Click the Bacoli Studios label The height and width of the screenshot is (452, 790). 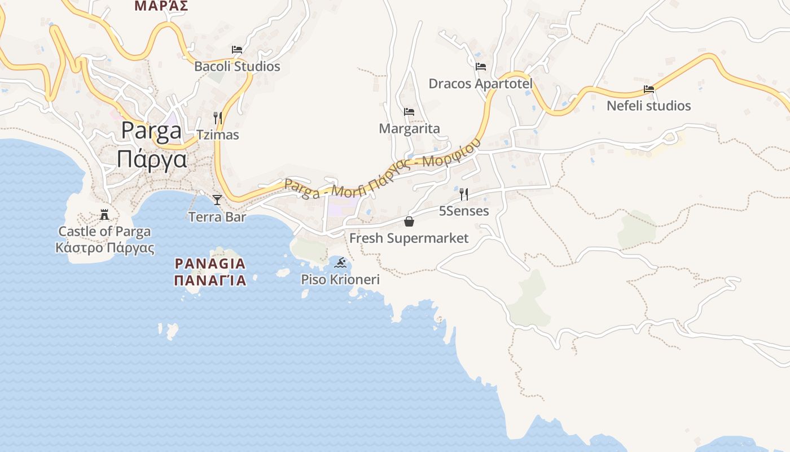coord(237,67)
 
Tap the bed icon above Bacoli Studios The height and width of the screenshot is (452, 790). coord(237,50)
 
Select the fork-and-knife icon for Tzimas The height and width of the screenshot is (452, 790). coord(218,118)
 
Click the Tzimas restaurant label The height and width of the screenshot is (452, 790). coord(218,135)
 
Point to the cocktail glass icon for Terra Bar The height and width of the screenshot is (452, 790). coord(217,199)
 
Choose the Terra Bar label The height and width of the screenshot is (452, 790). coord(217,217)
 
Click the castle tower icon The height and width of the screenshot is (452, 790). coord(104,214)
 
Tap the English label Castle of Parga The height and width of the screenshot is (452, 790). coord(104,232)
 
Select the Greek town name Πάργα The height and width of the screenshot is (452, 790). coord(152,160)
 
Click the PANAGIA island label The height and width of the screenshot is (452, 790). coord(210,264)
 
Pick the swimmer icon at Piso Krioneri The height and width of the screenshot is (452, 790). coord(340,262)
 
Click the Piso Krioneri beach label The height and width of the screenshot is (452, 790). coord(340,280)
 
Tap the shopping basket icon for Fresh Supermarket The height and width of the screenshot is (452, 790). coord(409,221)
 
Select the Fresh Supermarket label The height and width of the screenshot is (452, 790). coord(409,238)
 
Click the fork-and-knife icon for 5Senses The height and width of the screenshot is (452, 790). coord(464,194)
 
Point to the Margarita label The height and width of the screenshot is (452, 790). coord(409,129)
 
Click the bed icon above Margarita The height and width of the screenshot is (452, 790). coord(409,112)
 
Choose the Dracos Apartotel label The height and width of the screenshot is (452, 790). coord(481,84)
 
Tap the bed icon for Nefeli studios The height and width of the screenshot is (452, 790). coord(649,89)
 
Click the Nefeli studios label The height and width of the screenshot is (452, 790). coord(649,106)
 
